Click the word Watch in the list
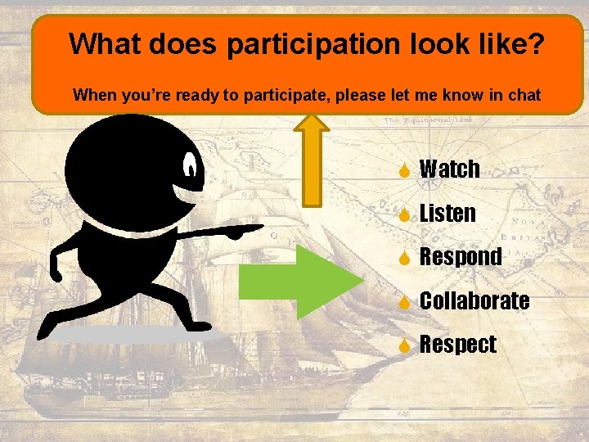(449, 169)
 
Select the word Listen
(447, 214)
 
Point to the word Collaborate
(474, 300)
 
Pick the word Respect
(457, 345)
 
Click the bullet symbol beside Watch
(404, 170)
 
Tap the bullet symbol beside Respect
(404, 345)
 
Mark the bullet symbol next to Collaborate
(404, 301)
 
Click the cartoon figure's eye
(191, 167)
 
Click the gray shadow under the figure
(139, 335)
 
